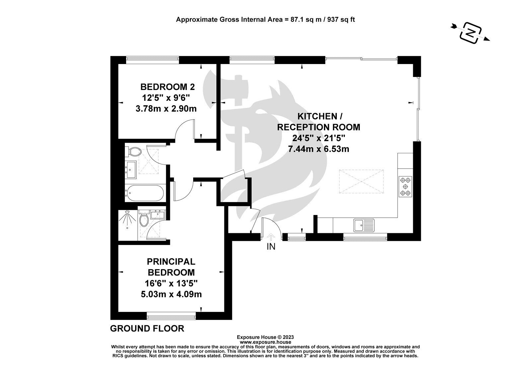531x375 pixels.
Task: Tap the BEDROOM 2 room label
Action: [x=167, y=87]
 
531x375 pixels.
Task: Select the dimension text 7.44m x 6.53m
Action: [x=318, y=149]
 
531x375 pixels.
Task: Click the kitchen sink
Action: [x=364, y=225]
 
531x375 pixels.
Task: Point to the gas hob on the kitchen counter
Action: [x=405, y=187]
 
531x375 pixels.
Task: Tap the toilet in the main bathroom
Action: [x=134, y=151]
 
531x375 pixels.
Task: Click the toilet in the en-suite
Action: [x=144, y=218]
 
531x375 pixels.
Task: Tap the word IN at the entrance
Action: [x=271, y=247]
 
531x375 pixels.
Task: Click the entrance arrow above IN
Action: [x=271, y=237]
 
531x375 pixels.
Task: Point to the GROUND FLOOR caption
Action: [x=147, y=329]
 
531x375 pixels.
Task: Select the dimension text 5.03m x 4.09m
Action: [x=171, y=294]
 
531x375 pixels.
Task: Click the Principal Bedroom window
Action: [x=171, y=316]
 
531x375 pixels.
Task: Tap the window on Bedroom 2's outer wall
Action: [x=152, y=60]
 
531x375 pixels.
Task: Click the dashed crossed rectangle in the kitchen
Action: [x=361, y=181]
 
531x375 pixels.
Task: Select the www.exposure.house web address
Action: [x=265, y=342]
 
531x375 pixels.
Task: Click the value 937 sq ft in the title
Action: [x=341, y=20]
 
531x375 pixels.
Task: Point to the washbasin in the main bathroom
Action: [x=131, y=170]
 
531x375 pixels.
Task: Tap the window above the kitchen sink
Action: [x=365, y=237]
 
